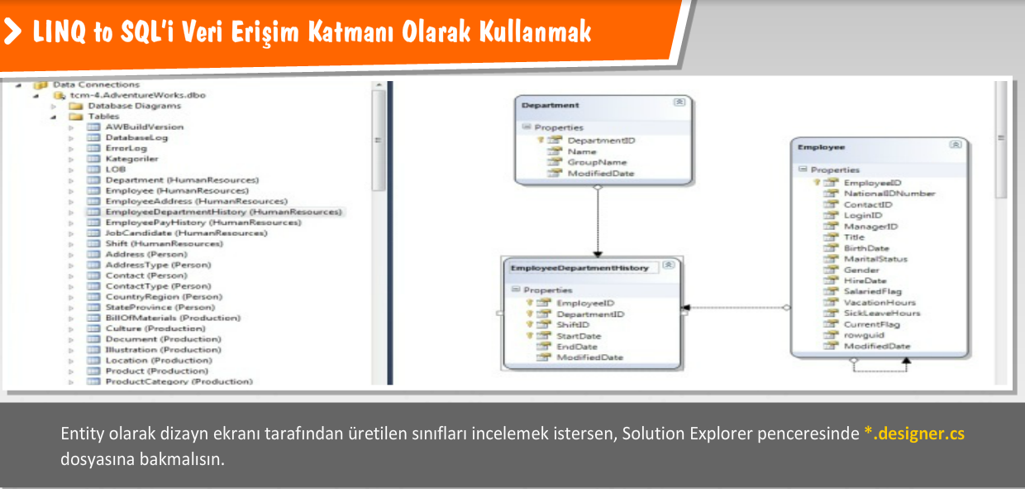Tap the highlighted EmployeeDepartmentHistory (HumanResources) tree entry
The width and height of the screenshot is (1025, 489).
coord(222,212)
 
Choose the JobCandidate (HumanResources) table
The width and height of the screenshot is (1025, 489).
coord(186,233)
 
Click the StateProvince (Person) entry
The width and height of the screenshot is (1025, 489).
coord(160,307)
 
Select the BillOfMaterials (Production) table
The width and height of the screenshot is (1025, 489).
coord(173,318)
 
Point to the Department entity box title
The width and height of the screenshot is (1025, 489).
coord(551,105)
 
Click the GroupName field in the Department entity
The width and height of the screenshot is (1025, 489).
coord(597,162)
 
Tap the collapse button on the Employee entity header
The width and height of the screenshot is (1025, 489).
coord(956,145)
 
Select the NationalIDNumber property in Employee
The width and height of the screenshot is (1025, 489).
coord(889,194)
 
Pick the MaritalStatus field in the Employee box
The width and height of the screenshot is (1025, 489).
coord(875,259)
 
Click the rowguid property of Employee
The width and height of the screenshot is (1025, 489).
coord(863,335)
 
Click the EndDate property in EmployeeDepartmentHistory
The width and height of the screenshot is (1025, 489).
coord(576,347)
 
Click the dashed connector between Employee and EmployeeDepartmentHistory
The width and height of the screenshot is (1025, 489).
coord(736,308)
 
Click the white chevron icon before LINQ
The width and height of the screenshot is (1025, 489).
coord(14,32)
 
